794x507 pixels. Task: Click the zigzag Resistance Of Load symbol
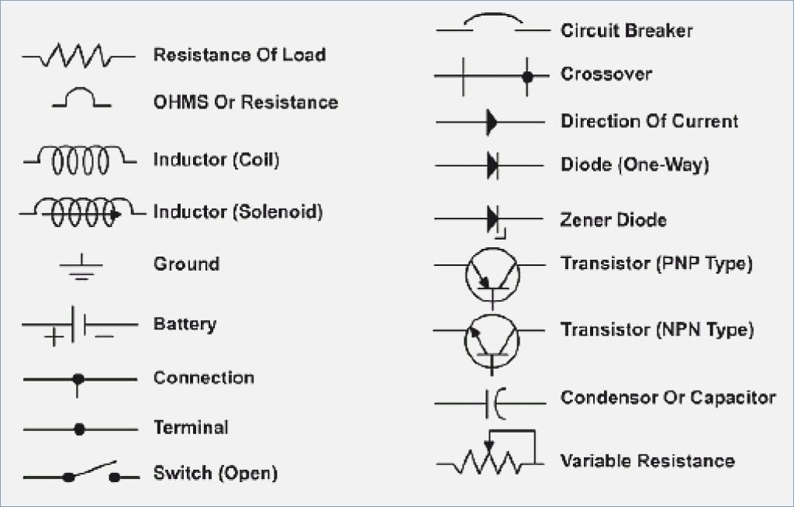78,56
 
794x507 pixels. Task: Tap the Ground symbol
80,266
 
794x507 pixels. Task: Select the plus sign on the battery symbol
54,337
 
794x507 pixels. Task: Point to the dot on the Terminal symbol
78,428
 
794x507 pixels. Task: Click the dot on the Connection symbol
78,379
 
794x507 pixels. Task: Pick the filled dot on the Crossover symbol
527,77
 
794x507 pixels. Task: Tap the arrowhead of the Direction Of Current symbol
492,122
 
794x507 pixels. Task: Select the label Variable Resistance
647,460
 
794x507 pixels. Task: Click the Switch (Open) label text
215,472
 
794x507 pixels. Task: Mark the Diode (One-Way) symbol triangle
492,165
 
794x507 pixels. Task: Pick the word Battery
185,323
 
